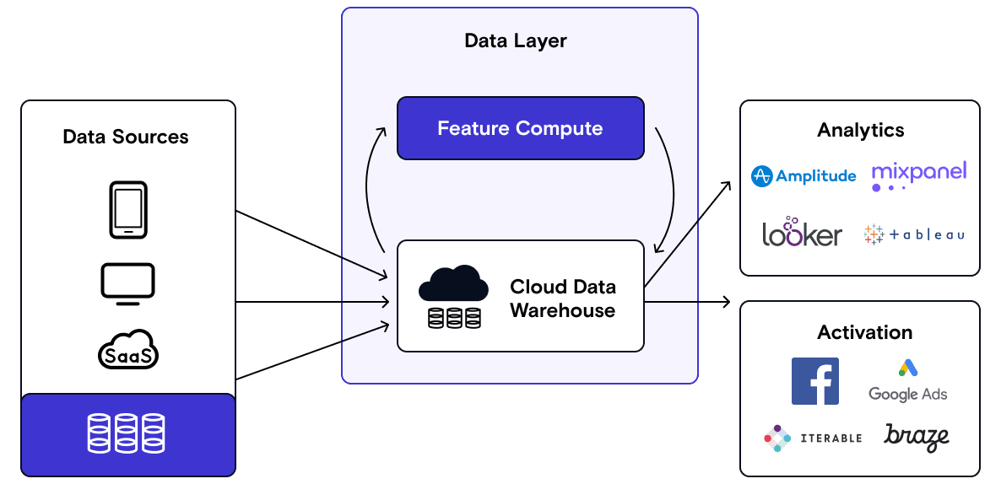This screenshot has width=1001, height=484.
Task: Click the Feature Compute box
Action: [520, 128]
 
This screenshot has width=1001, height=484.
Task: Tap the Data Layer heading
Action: [516, 40]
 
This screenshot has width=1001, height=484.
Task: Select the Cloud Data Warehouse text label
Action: [562, 298]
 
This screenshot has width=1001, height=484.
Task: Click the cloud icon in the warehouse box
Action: [453, 284]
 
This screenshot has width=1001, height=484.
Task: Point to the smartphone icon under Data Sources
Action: [128, 210]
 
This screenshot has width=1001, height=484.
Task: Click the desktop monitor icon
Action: [127, 282]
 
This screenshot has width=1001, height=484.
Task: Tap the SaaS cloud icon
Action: [128, 349]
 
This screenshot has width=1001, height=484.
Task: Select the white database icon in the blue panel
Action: [127, 433]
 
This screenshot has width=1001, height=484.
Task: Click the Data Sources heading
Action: [126, 137]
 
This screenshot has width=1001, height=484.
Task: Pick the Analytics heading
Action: [860, 130]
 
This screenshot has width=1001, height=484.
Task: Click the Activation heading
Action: [864, 332]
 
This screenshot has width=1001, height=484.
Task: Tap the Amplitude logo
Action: [804, 175]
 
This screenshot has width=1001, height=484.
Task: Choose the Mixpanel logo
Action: [918, 175]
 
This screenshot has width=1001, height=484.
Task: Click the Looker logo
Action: [802, 233]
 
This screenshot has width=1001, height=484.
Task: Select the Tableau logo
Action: [914, 234]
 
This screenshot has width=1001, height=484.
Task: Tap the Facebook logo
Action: [815, 380]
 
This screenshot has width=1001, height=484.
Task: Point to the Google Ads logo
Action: [908, 380]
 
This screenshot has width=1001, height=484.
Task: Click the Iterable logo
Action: [813, 438]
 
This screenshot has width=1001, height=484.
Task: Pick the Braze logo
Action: [917, 436]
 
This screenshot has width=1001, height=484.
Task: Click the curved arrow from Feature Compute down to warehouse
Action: [672, 190]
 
